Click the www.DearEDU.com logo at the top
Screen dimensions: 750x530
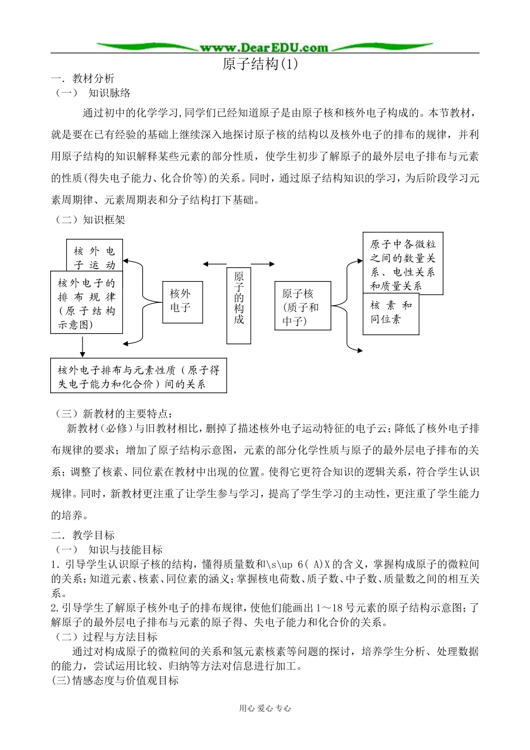[x=264, y=47]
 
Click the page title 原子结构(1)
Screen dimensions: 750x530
[x=261, y=64]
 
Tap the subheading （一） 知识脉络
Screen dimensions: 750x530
[x=93, y=93]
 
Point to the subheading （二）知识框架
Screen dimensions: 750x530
[x=89, y=220]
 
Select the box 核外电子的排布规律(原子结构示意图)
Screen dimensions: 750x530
[x=86, y=303]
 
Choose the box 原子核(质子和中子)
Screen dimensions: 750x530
[x=303, y=306]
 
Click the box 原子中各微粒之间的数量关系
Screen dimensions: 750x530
[x=403, y=263]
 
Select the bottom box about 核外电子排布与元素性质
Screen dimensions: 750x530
[x=138, y=376]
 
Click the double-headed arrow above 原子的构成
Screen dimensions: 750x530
[x=239, y=263]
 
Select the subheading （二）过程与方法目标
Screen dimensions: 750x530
[x=106, y=637]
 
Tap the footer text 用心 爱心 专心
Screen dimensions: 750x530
[x=265, y=708]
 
